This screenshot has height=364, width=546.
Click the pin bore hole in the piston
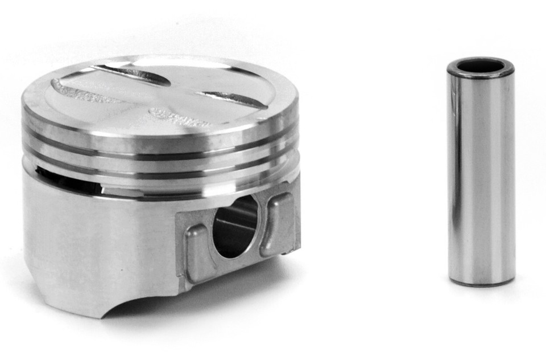point(234,227)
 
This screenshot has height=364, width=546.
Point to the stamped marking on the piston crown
point(176,117)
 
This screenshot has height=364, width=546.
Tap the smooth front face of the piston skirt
point(97,245)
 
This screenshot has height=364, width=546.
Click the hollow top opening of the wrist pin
point(481,66)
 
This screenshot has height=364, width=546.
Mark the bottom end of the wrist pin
point(481,280)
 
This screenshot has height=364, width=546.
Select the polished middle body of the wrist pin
point(481,171)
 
